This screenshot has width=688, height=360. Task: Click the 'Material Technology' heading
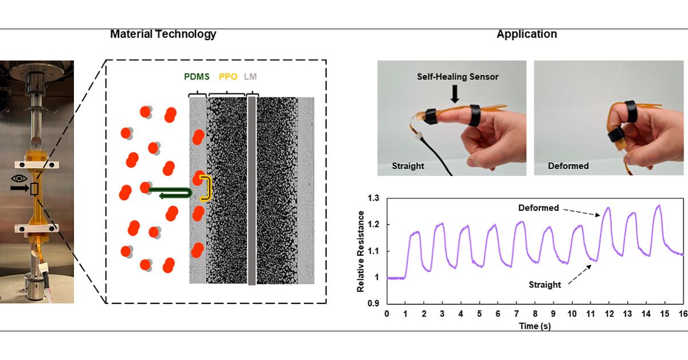click(x=163, y=34)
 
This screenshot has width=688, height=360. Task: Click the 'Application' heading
click(x=526, y=34)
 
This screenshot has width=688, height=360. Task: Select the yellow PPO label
click(x=228, y=76)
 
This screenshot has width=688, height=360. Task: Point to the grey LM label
click(x=251, y=76)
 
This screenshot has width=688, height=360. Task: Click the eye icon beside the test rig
click(x=20, y=178)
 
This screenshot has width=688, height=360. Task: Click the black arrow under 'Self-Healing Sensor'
click(x=455, y=93)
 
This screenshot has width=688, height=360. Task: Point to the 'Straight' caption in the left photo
click(x=408, y=166)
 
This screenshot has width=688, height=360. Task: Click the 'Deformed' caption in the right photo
click(x=568, y=166)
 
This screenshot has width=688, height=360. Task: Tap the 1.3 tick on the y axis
click(x=374, y=198)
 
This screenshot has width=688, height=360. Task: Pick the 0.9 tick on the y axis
click(x=374, y=304)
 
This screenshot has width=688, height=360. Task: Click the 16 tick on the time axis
click(x=683, y=314)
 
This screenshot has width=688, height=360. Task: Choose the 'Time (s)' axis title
click(x=534, y=326)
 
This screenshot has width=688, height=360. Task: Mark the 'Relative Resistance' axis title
click(x=361, y=251)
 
